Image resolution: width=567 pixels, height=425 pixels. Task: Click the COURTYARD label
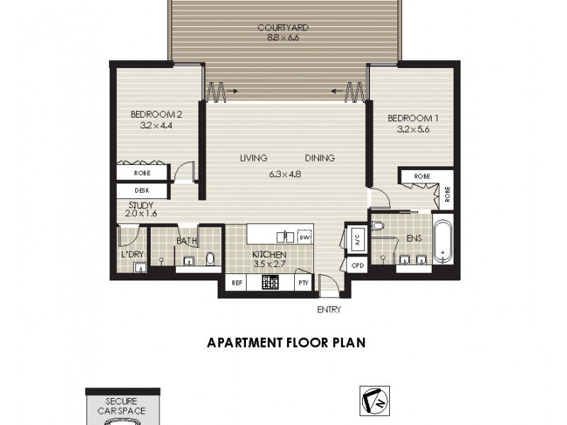coord(283,28)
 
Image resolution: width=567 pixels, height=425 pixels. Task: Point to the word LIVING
coord(252,158)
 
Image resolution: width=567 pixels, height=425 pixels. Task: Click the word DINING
coord(320,158)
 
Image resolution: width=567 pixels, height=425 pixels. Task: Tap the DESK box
coord(142,191)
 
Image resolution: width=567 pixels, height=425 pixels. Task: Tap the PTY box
coord(303,283)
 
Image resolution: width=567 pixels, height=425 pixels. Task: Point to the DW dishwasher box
coord(305,237)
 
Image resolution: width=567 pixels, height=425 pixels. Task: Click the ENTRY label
coord(330,310)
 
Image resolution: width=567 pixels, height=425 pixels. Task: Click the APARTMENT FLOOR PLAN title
coord(286,343)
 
